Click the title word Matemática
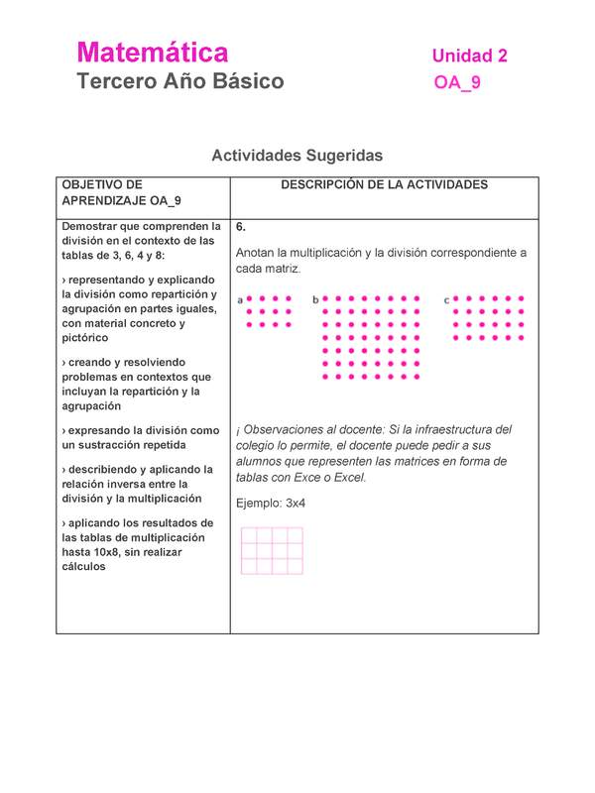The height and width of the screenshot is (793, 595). tap(153, 52)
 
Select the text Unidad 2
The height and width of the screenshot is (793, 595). tap(470, 57)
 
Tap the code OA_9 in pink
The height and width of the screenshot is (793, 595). tap(457, 83)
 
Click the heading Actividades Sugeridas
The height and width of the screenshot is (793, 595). tap(297, 156)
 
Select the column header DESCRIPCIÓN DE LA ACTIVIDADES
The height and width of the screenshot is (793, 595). tap(384, 185)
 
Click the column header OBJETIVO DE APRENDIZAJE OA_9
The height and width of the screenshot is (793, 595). tap(121, 192)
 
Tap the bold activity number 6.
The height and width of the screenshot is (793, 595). tap(241, 227)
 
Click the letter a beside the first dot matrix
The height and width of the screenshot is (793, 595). tap(240, 299)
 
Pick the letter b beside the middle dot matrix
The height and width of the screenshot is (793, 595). tap(315, 299)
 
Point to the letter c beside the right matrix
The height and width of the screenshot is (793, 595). tap(446, 299)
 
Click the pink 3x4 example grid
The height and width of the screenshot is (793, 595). tap(272, 551)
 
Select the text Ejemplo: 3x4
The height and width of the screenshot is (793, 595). tap(271, 504)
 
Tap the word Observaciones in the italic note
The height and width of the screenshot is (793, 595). tap(289, 430)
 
